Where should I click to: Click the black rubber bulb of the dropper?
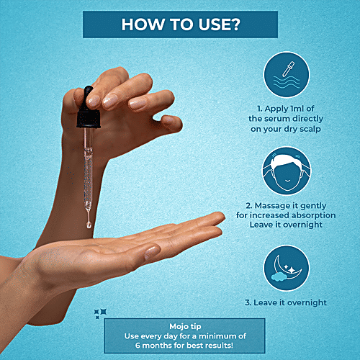(x=87, y=96)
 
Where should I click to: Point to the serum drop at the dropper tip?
(x=89, y=225)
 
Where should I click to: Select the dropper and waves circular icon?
(x=287, y=74)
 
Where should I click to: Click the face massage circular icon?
(x=287, y=171)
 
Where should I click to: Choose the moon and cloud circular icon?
(x=287, y=268)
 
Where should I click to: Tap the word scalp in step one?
(x=310, y=129)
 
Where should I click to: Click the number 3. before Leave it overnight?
(x=248, y=302)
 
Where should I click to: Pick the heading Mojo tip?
(x=185, y=326)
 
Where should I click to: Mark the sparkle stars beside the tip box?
(x=100, y=313)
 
